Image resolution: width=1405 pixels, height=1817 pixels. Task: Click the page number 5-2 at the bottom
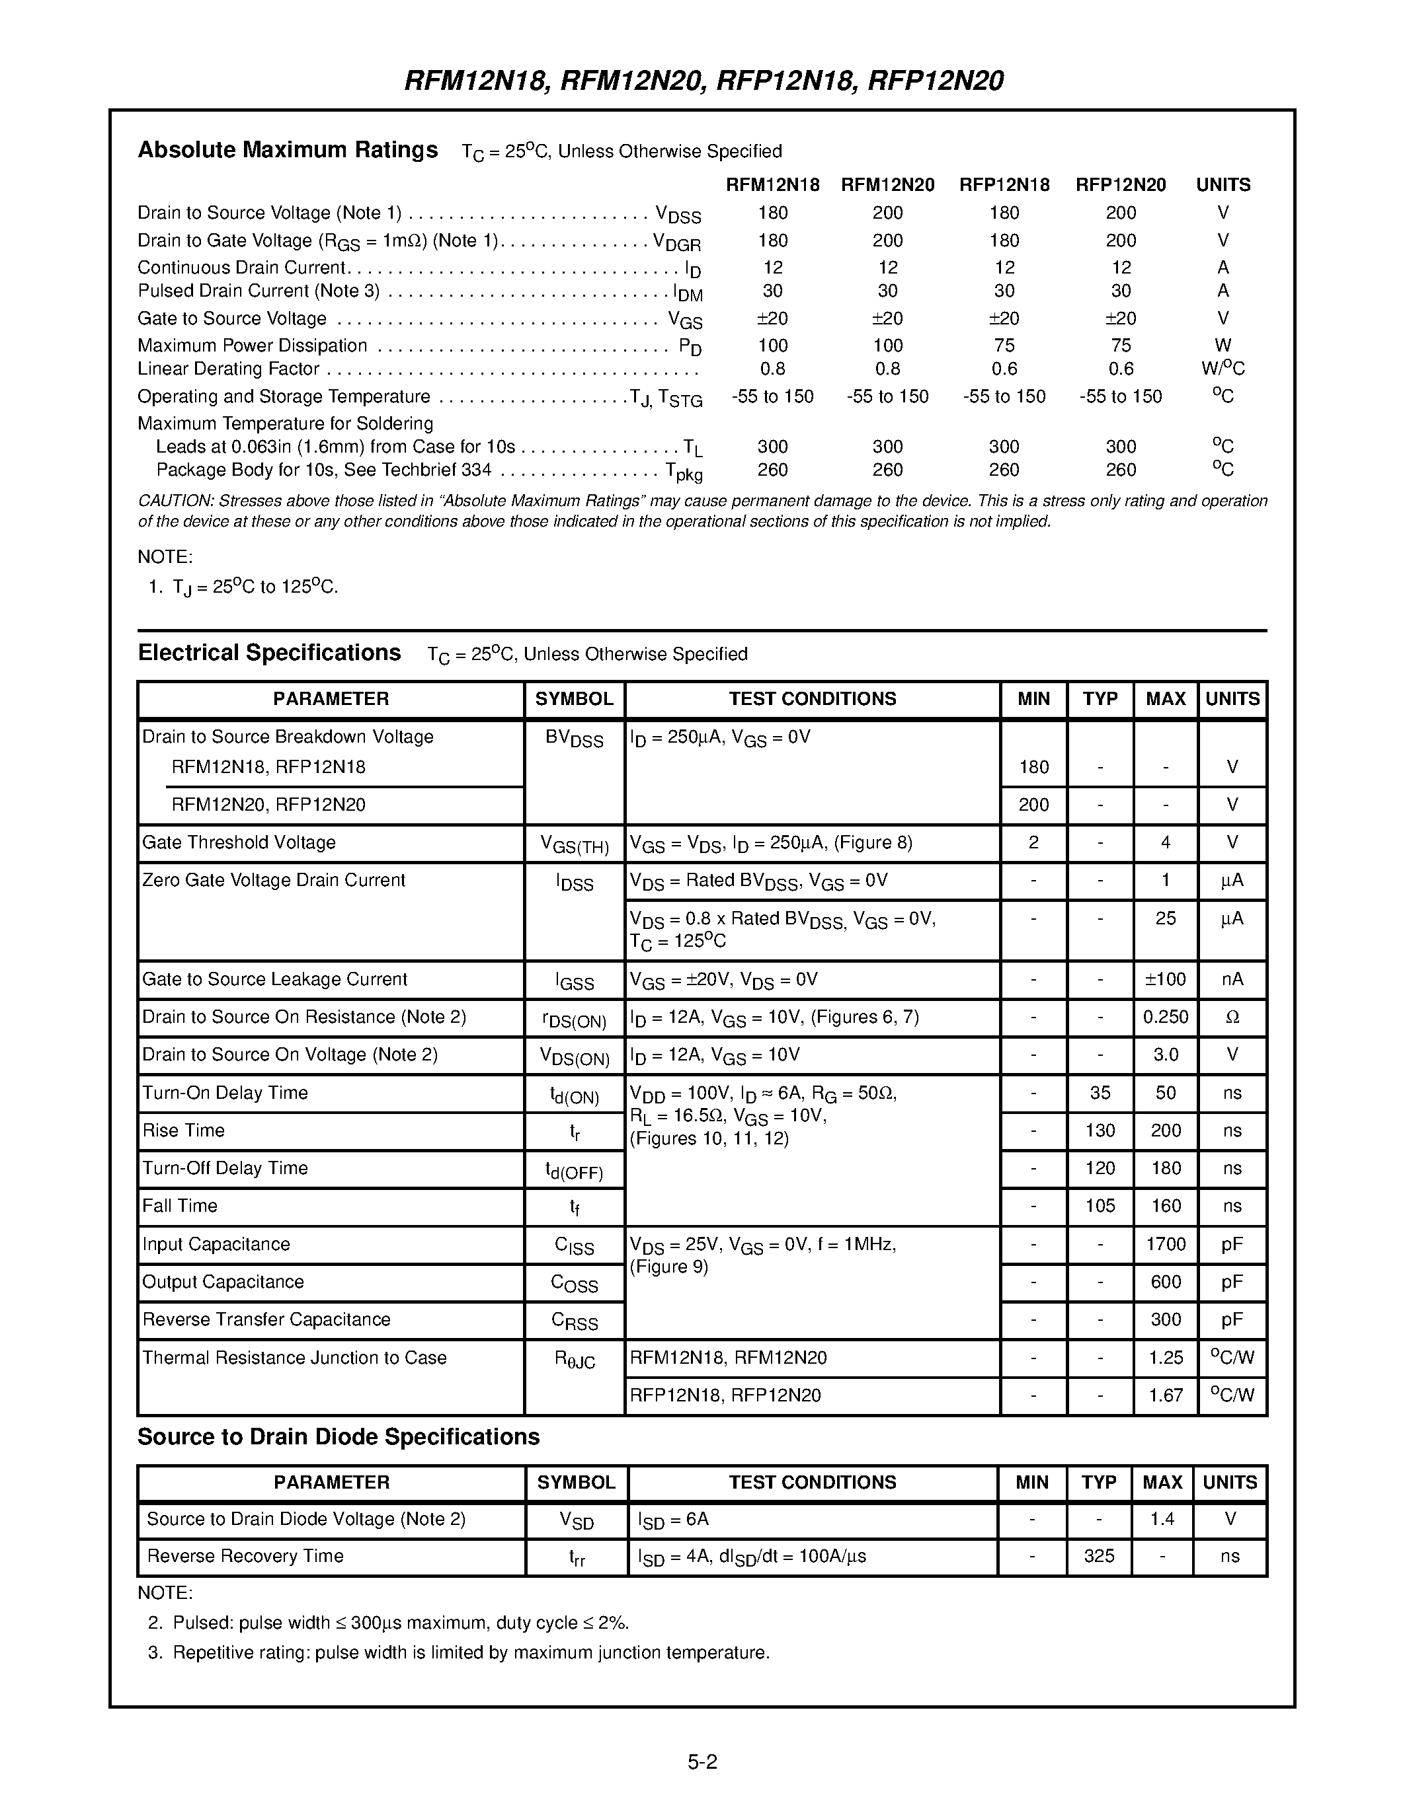point(702,1761)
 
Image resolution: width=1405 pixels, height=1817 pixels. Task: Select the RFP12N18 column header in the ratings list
point(1004,185)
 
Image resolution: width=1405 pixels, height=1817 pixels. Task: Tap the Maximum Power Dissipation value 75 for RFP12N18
point(1004,346)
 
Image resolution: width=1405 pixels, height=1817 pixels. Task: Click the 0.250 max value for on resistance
point(1165,1017)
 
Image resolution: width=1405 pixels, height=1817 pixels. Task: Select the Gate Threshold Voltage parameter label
point(239,842)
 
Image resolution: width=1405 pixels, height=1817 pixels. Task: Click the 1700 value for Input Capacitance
point(1165,1243)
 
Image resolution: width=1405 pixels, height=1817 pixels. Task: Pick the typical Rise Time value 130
point(1100,1130)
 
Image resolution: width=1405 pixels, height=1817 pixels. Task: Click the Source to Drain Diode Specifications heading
point(338,1437)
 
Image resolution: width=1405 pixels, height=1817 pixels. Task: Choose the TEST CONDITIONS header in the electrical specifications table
point(813,699)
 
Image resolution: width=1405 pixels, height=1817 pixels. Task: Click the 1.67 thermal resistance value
point(1165,1395)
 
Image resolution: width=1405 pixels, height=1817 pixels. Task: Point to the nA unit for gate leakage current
point(1232,979)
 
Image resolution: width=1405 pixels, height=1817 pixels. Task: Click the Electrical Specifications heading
point(269,652)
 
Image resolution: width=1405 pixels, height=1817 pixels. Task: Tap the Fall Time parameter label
point(180,1206)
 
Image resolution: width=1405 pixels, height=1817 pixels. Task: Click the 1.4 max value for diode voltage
point(1162,1519)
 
